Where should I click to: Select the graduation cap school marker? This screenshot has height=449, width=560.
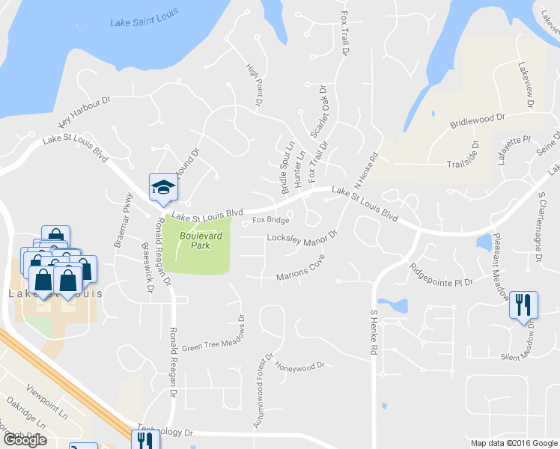pyautogui.click(x=163, y=188)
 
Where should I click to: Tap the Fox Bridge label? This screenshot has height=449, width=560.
pyautogui.click(x=270, y=220)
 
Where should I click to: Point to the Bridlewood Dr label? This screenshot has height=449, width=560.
pyautogui.click(x=478, y=121)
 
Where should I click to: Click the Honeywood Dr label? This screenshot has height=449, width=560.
pyautogui.click(x=299, y=367)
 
